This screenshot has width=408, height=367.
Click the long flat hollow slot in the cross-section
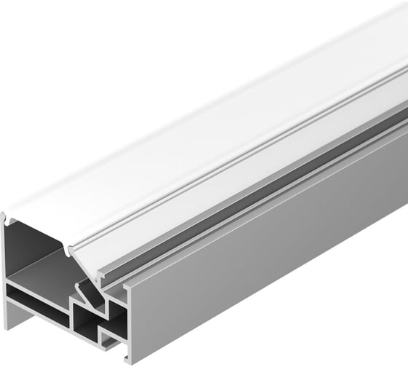(36, 299)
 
